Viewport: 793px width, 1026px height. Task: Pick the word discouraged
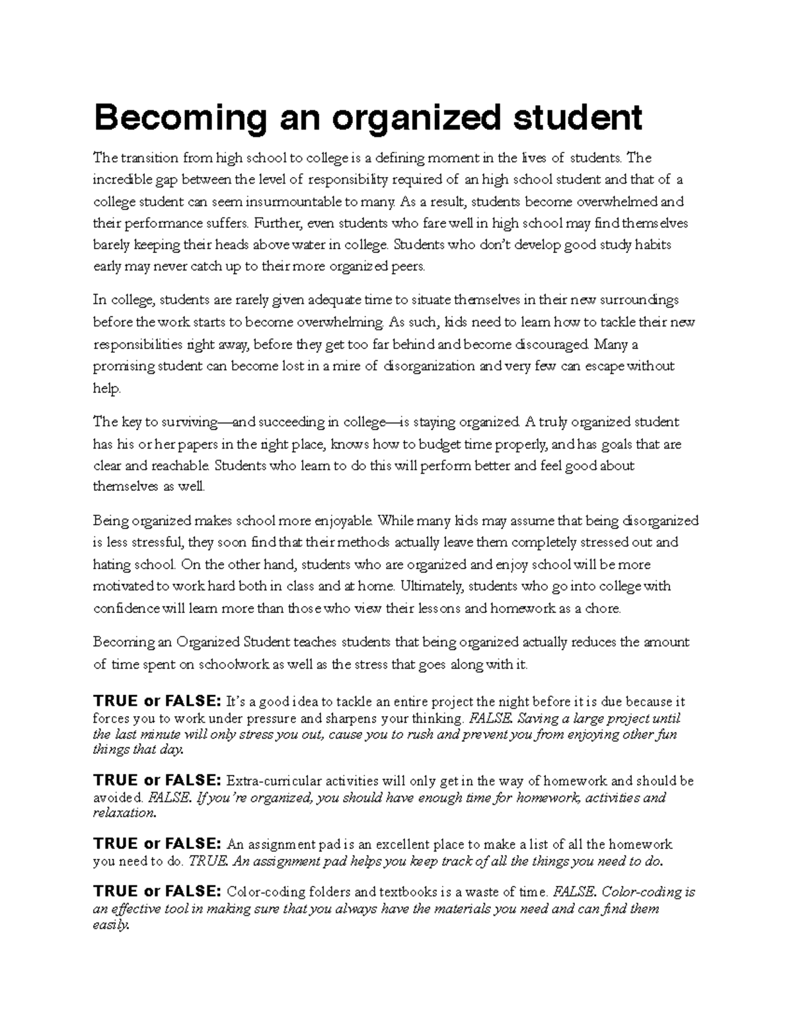(552, 344)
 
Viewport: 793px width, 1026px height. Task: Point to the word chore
(603, 608)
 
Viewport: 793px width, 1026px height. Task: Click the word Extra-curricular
(272, 781)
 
